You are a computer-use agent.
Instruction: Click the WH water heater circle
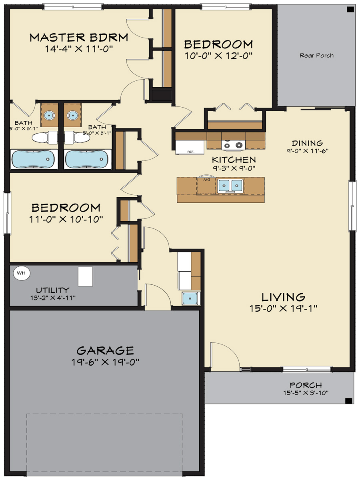click(22, 273)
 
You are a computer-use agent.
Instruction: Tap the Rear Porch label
click(316, 56)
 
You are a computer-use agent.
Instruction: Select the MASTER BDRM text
click(79, 38)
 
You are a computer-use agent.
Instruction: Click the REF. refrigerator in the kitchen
click(190, 146)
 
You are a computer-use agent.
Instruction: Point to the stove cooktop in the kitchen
click(233, 146)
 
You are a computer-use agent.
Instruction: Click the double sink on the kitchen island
click(231, 185)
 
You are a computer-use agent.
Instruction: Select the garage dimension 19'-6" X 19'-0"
click(105, 362)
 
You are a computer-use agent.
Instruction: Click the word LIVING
click(283, 297)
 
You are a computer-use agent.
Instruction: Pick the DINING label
click(307, 143)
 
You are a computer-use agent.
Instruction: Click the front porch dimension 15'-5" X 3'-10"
click(306, 393)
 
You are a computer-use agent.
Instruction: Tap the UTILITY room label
click(52, 290)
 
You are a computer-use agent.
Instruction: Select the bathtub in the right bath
click(87, 159)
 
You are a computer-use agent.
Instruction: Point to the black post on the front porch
click(348, 400)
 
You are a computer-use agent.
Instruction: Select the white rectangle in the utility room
click(85, 276)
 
